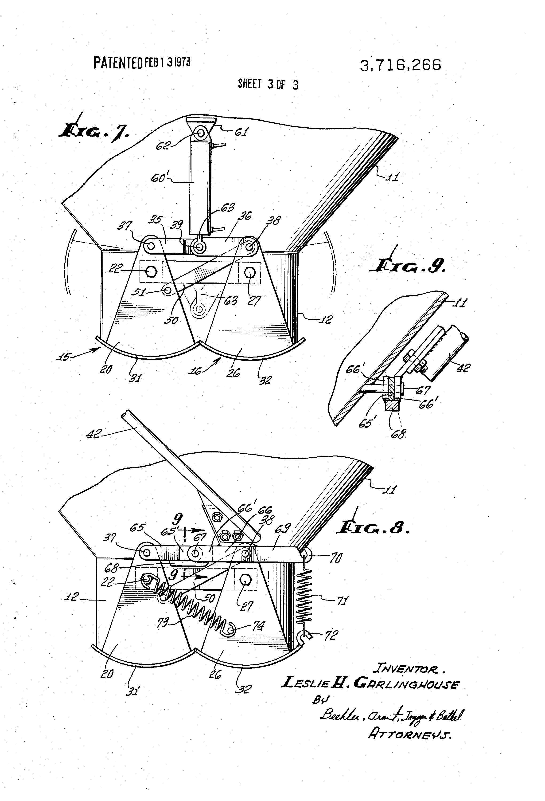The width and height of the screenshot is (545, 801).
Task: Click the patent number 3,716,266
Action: pos(400,65)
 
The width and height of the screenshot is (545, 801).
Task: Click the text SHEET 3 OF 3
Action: pos(268,84)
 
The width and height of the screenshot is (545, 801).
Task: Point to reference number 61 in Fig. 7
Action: pos(241,132)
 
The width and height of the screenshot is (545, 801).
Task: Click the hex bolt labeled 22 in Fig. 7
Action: pos(151,272)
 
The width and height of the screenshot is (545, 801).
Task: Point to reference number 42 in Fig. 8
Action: pos(93,434)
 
